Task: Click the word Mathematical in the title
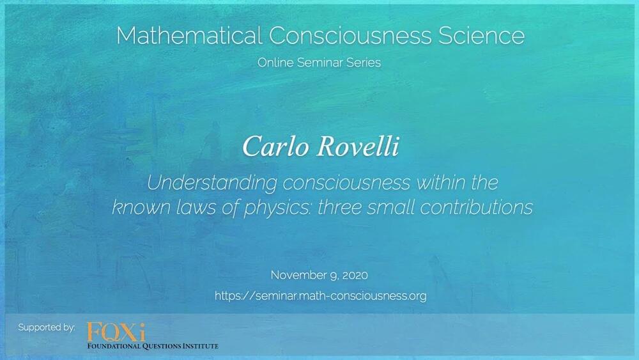[189, 35]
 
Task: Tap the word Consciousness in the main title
[350, 35]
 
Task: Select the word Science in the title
[481, 35]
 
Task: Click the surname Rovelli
[358, 146]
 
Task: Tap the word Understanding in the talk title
[212, 183]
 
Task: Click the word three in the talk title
[340, 207]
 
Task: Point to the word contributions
[477, 207]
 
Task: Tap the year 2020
[355, 276]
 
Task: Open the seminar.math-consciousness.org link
[320, 296]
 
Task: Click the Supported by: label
[47, 327]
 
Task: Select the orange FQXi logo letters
[116, 332]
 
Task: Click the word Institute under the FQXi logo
[200, 346]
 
